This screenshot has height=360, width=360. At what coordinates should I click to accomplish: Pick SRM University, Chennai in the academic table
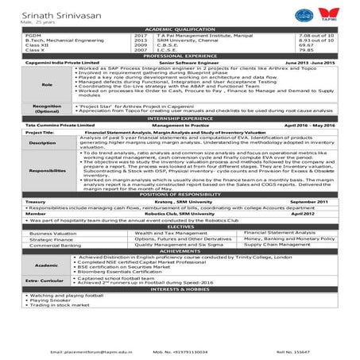[x=184, y=41]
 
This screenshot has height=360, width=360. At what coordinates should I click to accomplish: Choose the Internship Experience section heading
[x=180, y=118]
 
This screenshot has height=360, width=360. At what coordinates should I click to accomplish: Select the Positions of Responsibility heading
[x=180, y=195]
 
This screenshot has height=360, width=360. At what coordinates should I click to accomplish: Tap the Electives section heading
[x=180, y=226]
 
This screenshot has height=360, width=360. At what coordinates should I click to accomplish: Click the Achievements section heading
[x=180, y=252]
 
